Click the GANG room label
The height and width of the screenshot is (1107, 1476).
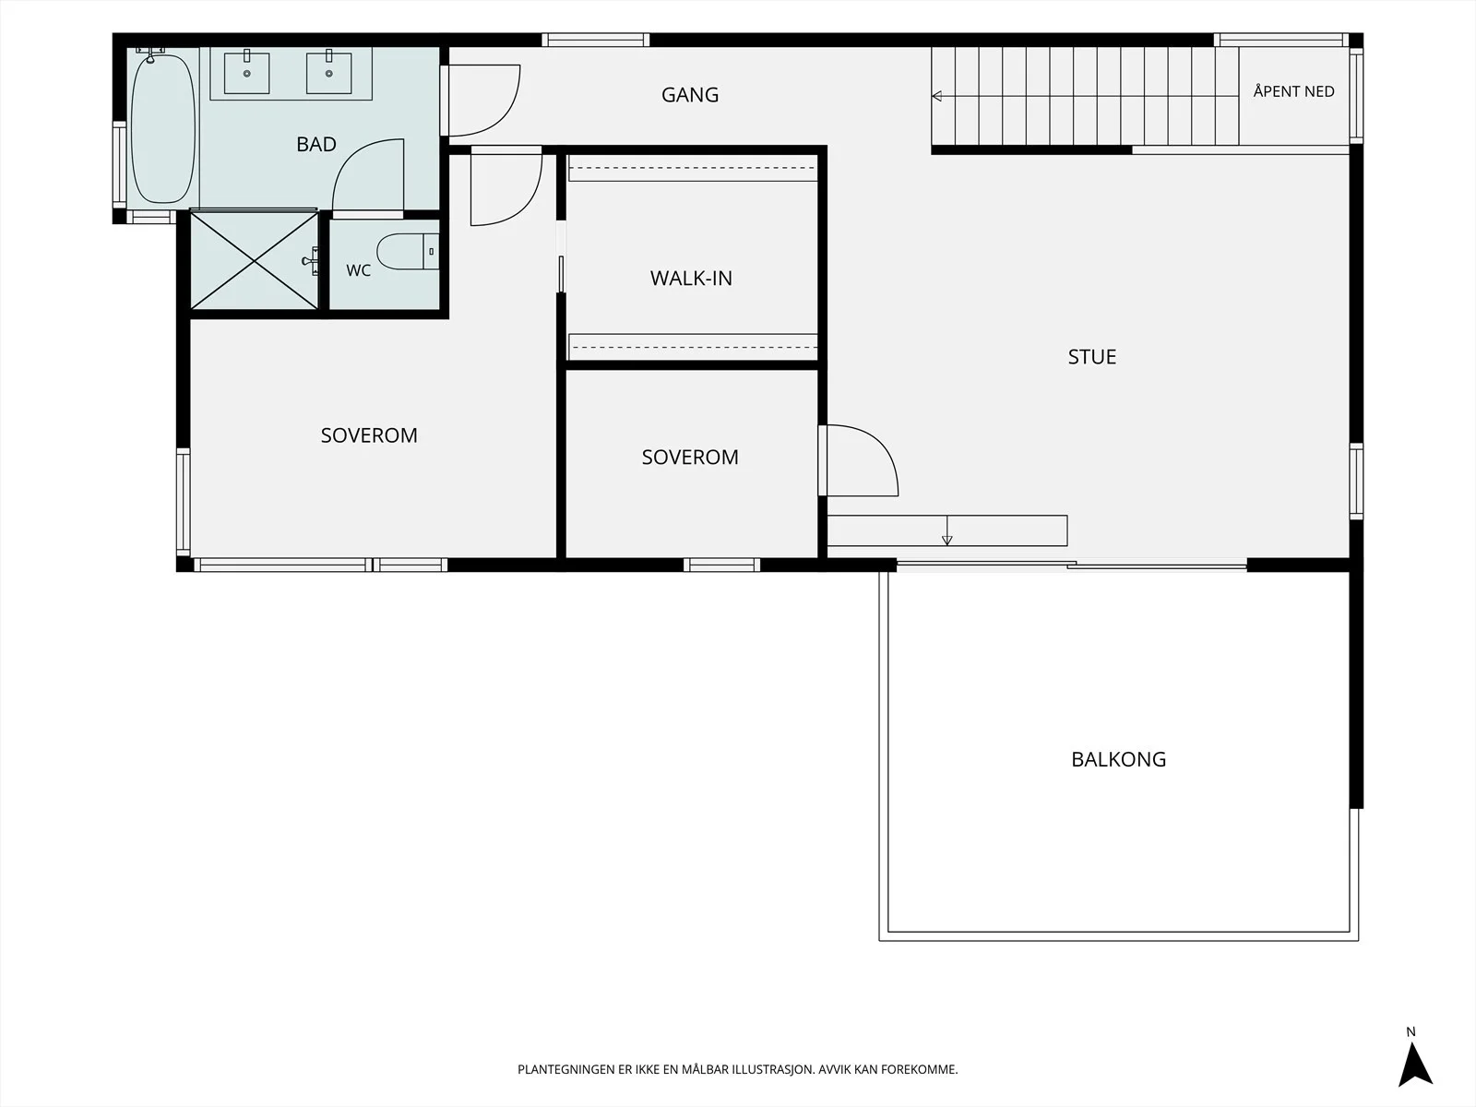tap(690, 95)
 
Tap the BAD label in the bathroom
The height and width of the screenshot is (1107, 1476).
tap(316, 144)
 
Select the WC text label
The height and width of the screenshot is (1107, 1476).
tap(359, 270)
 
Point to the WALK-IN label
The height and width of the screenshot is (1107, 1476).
tap(691, 279)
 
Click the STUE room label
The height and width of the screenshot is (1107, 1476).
tap(1092, 357)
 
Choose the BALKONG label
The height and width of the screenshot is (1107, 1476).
tap(1118, 759)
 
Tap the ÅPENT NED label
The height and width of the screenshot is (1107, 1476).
tap(1293, 91)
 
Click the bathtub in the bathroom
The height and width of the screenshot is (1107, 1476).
tap(162, 127)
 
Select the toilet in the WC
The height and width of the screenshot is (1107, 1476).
tap(408, 251)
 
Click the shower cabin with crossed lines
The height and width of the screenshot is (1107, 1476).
tap(255, 261)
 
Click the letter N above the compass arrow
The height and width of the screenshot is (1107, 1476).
tap(1411, 1031)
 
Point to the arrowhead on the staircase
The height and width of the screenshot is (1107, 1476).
tap(936, 96)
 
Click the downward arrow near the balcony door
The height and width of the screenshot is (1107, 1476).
tap(946, 530)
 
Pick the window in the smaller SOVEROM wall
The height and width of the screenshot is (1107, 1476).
tap(721, 565)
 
